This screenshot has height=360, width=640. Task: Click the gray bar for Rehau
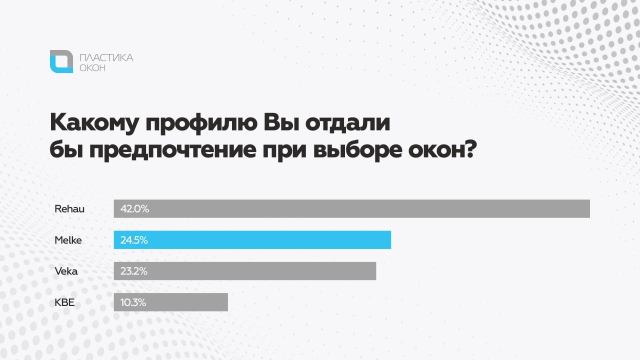[351, 208]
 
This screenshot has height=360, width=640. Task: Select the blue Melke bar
[252, 239]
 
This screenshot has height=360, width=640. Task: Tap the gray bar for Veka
[245, 271]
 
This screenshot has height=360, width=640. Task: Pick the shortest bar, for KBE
[171, 302]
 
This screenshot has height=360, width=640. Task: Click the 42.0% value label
[134, 209]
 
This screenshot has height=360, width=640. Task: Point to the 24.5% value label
[134, 240]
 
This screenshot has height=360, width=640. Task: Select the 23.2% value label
[133, 271]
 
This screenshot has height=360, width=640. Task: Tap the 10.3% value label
[133, 302]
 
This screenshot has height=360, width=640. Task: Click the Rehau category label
[69, 209]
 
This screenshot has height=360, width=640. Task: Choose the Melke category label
[68, 240]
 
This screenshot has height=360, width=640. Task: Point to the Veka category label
[66, 271]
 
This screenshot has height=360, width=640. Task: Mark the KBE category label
[64, 302]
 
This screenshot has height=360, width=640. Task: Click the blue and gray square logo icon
[61, 61]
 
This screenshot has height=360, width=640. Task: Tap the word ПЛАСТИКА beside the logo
[106, 57]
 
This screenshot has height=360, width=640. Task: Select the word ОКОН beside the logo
[92, 67]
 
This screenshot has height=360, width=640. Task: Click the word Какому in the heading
[94, 123]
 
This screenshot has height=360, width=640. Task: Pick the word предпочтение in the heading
[173, 150]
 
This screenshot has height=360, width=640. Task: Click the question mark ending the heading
[470, 148]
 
